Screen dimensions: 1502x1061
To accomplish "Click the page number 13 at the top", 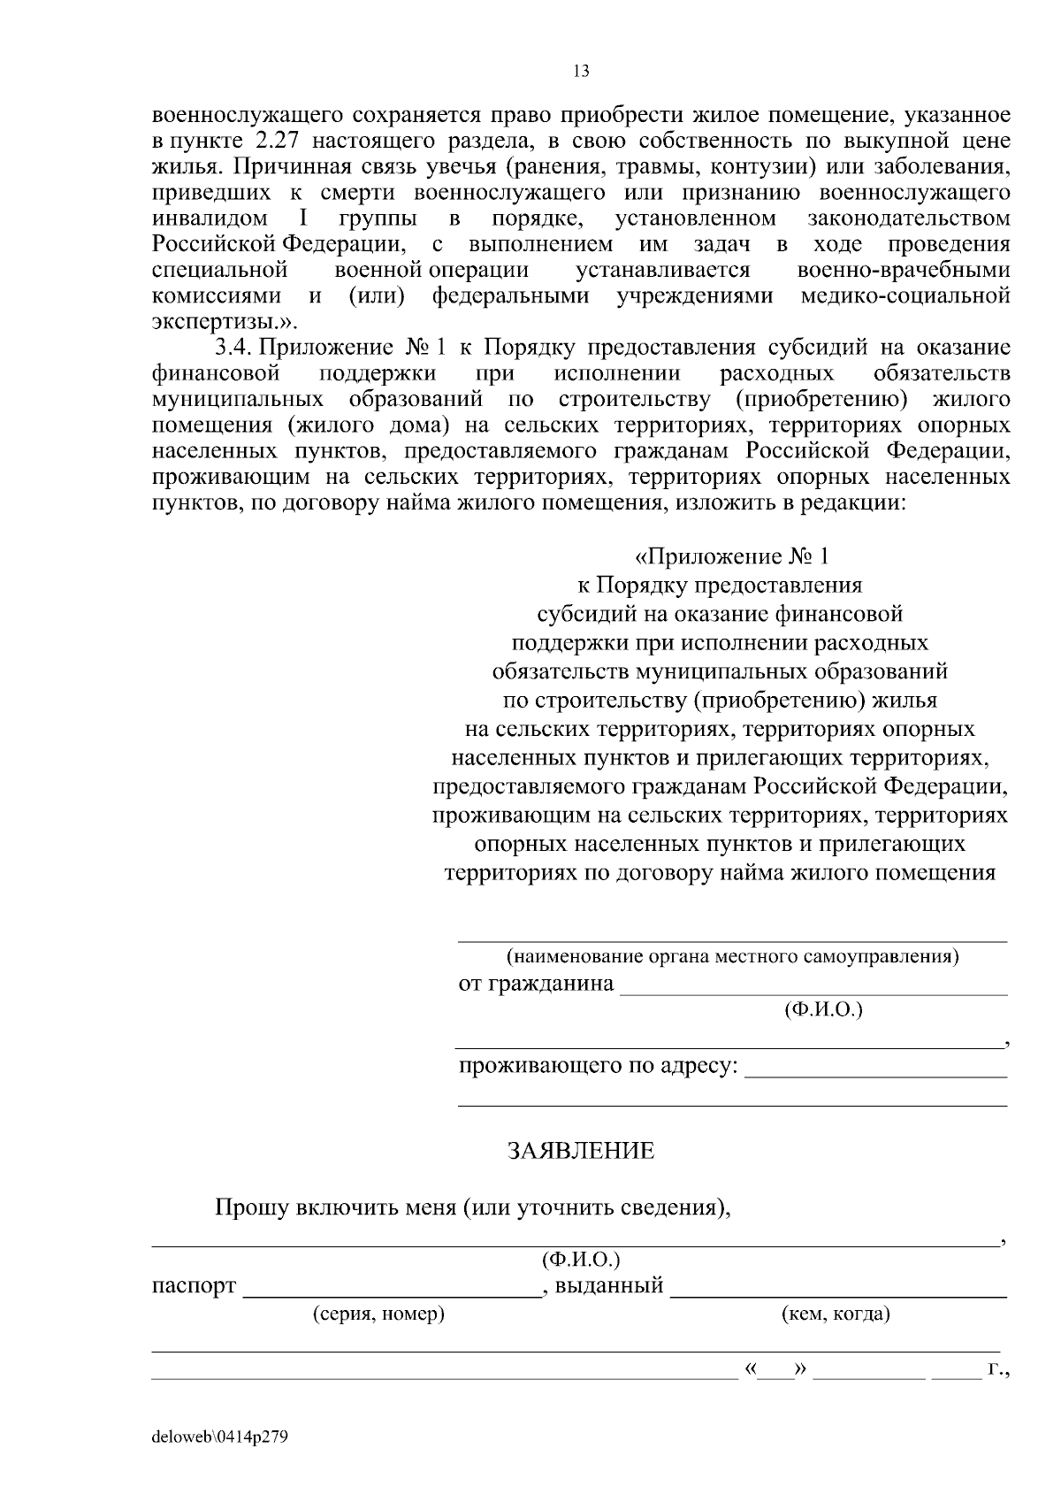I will click(581, 72).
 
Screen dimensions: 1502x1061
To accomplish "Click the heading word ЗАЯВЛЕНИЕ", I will click(581, 1151).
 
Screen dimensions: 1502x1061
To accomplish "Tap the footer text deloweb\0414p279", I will click(220, 1437).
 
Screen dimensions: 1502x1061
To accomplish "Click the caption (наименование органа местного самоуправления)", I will click(732, 956).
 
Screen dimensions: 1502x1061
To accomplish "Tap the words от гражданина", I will click(536, 984).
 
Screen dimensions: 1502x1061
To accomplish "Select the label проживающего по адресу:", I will click(598, 1065).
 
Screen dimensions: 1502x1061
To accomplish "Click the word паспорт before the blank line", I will click(195, 1285).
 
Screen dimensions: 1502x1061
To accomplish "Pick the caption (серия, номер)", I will click(379, 1314).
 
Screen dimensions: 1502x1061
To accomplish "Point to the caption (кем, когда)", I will click(836, 1314).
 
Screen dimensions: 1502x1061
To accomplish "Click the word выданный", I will click(609, 1285).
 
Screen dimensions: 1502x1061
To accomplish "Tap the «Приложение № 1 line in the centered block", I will click(732, 557).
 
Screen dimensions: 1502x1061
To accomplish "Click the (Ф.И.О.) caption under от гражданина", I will click(823, 1009).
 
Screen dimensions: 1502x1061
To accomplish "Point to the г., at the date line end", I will click(998, 1370).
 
